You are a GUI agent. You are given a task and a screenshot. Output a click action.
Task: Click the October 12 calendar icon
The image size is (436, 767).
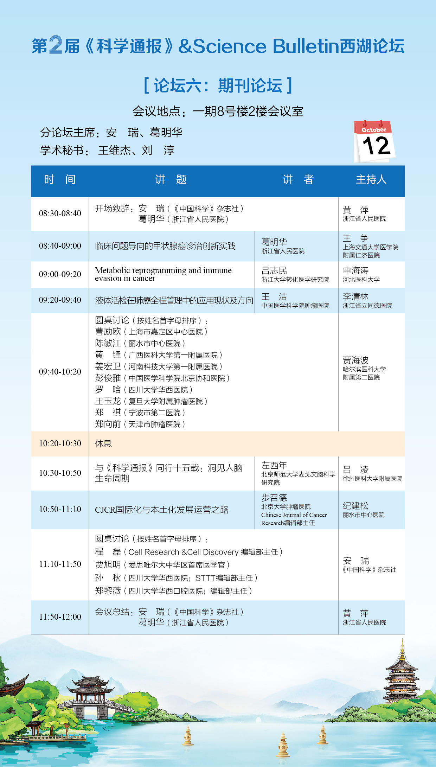374,141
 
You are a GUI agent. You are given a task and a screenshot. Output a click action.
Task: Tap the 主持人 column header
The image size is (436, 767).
371,180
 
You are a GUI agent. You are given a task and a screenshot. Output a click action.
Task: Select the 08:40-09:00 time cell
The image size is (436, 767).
60,246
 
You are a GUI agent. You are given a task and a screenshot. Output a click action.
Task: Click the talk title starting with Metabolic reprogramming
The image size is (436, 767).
163,274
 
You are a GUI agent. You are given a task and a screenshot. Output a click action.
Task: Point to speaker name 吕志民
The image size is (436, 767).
274,270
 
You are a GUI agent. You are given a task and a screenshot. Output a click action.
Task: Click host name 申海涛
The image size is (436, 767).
356,270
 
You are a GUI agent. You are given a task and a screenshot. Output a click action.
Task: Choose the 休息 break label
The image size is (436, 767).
103,443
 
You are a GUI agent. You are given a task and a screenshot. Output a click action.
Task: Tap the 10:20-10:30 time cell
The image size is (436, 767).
60,443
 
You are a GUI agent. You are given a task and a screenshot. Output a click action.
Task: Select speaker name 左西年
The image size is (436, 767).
274,465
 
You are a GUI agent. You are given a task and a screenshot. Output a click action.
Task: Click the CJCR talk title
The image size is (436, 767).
162,510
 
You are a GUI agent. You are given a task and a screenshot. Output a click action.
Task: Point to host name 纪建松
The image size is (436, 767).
356,506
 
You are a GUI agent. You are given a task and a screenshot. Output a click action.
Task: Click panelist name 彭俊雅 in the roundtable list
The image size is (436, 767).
108,378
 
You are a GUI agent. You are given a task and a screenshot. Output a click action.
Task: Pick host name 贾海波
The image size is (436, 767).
356,360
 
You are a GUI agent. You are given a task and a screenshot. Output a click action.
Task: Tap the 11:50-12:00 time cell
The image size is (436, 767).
60,617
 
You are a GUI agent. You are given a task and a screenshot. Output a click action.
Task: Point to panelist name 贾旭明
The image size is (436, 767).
108,565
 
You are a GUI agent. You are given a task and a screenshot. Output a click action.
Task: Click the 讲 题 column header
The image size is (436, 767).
171,180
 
